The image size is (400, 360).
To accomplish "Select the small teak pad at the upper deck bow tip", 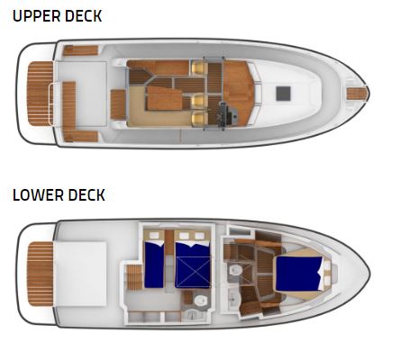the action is (x=358, y=94).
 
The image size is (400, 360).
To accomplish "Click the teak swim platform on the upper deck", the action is (x=40, y=94).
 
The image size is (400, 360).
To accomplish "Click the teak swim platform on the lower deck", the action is (x=40, y=274).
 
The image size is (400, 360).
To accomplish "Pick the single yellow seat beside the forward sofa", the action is (x=197, y=67).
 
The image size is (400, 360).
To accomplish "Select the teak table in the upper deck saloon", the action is (x=165, y=98).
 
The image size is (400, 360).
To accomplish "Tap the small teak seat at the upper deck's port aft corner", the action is (x=80, y=50).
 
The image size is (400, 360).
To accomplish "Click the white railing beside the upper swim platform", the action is (x=51, y=104).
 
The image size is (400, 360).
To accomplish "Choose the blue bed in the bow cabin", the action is (x=299, y=274).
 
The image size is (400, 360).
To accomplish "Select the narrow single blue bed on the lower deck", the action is (x=154, y=265).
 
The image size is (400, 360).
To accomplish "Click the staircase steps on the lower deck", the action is (x=134, y=277).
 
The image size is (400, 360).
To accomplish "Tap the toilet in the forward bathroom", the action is (x=235, y=271).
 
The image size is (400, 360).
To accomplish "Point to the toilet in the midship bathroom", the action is (x=200, y=301).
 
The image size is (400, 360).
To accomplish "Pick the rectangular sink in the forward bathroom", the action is (x=233, y=298).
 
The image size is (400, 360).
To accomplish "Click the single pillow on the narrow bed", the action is (x=154, y=235).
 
